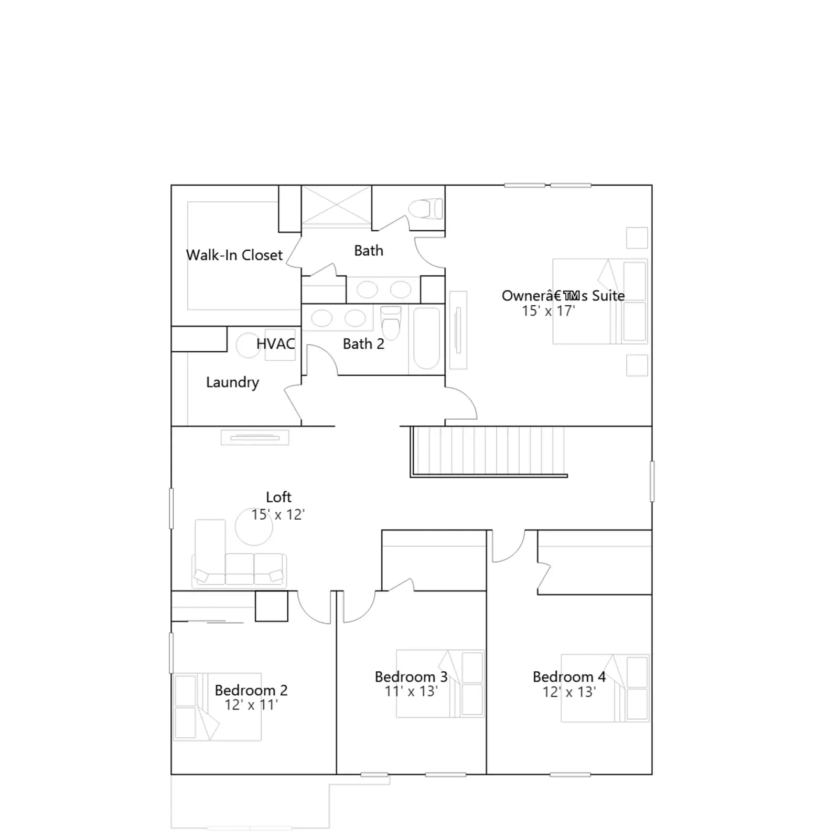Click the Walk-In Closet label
[234, 255]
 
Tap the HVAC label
[275, 344]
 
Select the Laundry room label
[232, 382]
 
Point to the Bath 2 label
[363, 344]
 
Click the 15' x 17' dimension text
[548, 311]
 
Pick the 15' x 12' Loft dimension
[278, 514]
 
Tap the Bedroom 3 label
[411, 677]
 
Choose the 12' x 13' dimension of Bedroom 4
[569, 692]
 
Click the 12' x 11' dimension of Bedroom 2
[251, 705]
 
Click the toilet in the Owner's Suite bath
[425, 209]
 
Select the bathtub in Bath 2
[426, 339]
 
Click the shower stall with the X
[336, 206]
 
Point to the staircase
[488, 451]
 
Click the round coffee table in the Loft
[254, 527]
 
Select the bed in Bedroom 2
[218, 707]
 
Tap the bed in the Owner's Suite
[600, 302]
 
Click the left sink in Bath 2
[321, 318]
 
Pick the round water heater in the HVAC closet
[249, 346]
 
